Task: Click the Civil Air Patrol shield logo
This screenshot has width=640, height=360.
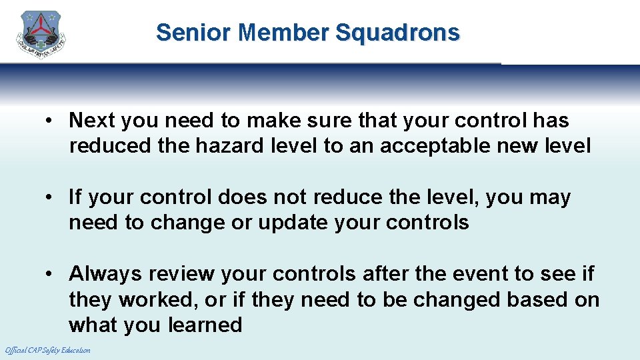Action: [41, 35]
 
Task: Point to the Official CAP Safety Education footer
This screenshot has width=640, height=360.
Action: [47, 350]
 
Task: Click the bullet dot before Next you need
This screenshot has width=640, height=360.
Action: [50, 121]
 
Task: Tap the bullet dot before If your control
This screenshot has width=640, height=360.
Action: [50, 197]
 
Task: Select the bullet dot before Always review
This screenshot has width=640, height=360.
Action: [50, 274]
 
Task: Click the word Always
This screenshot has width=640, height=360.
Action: [106, 274]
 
